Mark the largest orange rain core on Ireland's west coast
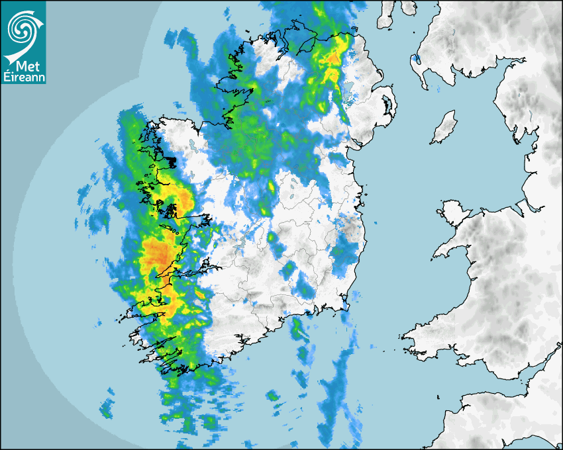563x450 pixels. (x=157, y=253)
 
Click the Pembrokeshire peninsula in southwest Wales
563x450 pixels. (x=414, y=337)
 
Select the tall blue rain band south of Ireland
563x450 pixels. (x=338, y=390)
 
